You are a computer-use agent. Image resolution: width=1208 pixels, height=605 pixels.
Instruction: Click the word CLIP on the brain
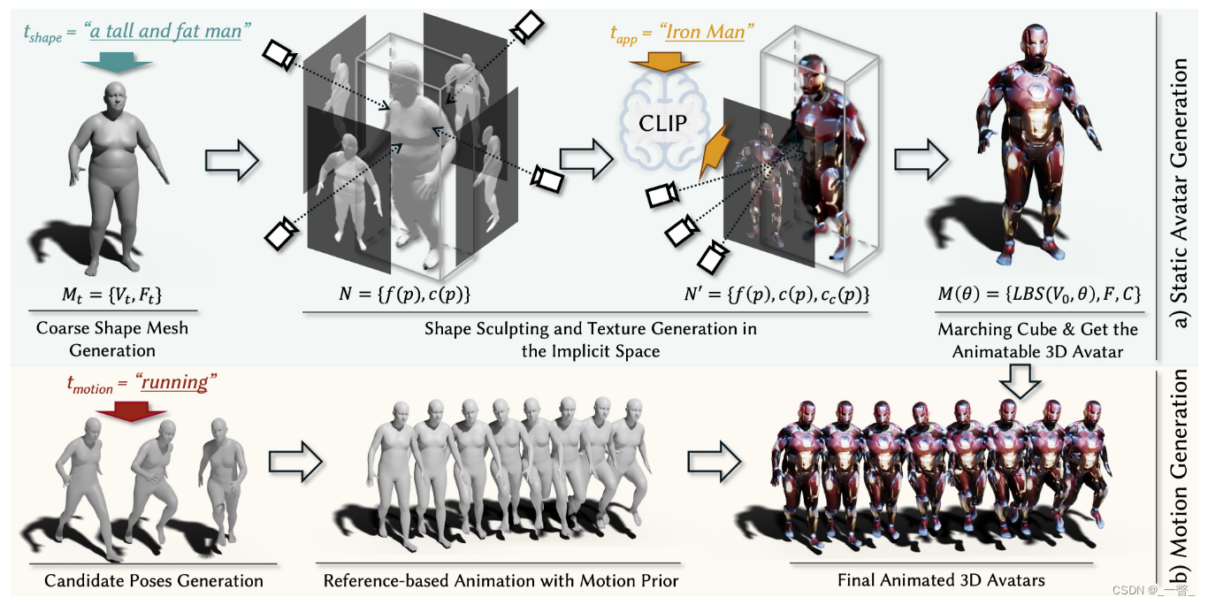663,122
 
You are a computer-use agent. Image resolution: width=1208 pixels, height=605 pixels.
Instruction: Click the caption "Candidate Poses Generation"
154,581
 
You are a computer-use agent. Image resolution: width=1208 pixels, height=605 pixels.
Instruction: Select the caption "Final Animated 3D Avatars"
941,581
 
